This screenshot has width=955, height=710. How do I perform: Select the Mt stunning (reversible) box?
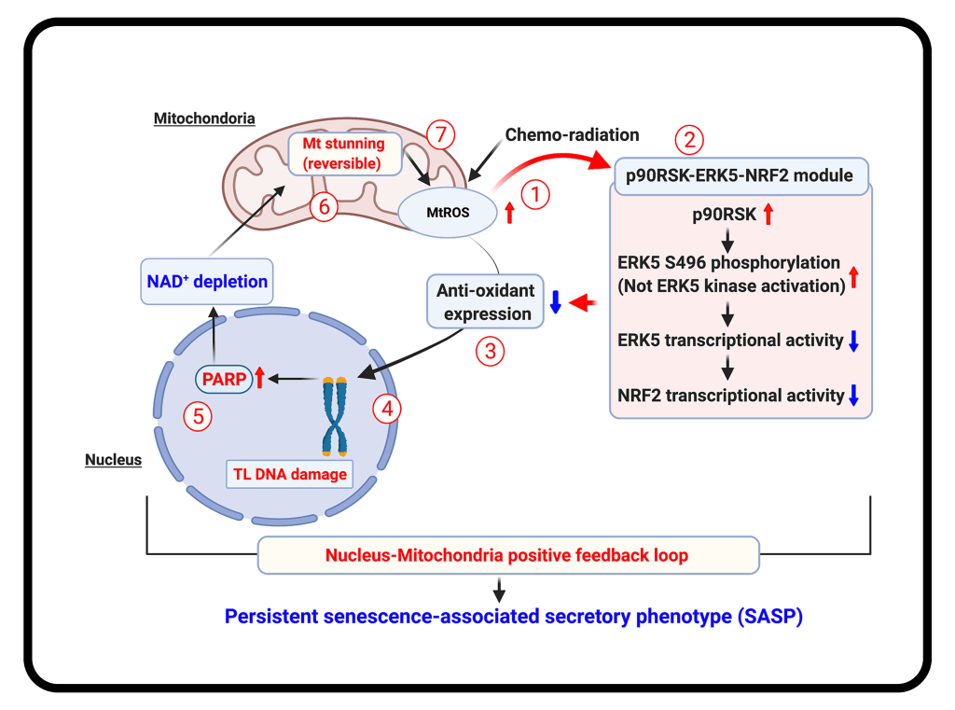coord(344,154)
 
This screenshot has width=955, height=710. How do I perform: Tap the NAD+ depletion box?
coord(207,281)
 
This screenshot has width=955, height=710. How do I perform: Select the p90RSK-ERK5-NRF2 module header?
coord(741,174)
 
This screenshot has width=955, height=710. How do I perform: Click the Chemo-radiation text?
coord(573,134)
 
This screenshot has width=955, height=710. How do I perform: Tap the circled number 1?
coord(536,196)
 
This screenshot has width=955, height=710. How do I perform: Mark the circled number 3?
coord(491,352)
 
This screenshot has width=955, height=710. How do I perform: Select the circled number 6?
coord(324,208)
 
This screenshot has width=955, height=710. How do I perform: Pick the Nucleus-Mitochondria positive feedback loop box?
coord(507,555)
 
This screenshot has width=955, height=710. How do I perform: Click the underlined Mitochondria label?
coord(204,118)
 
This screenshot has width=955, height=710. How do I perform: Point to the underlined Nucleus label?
coord(113,459)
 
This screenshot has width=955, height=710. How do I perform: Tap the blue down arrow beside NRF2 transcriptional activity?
coord(853,396)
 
